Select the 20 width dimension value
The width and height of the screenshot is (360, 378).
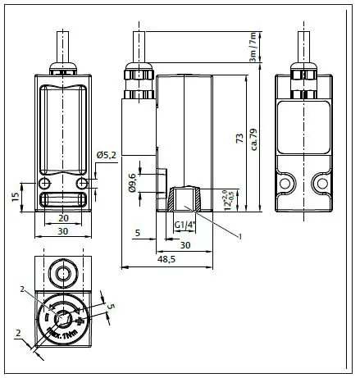(63, 219)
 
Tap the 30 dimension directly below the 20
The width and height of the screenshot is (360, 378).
(63, 232)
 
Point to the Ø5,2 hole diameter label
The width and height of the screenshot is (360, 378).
(108, 155)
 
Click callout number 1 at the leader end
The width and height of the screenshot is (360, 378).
(239, 235)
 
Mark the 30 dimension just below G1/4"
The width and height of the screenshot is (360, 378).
(185, 245)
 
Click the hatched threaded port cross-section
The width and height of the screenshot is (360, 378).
(185, 199)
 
